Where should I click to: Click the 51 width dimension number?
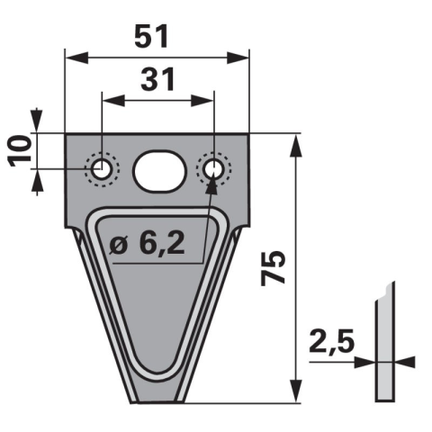(151, 37)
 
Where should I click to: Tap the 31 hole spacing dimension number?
(157, 79)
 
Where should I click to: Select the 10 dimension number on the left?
(21, 151)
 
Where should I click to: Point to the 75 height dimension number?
(273, 268)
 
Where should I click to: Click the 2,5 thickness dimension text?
(332, 341)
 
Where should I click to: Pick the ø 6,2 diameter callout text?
(147, 244)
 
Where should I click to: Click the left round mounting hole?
(102, 168)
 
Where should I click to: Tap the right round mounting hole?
(213, 170)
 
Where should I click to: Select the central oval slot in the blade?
(160, 171)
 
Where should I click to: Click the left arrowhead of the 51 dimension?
(76, 58)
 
